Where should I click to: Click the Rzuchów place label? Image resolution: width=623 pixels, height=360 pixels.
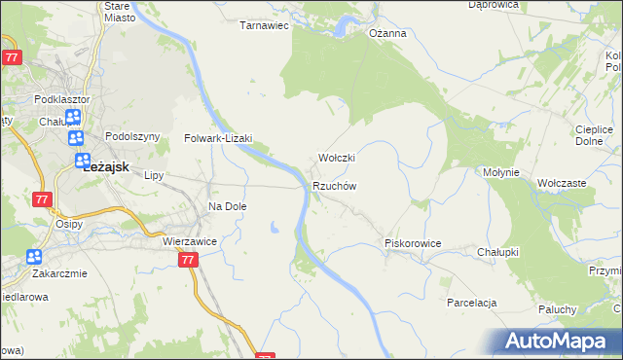(x=335, y=186)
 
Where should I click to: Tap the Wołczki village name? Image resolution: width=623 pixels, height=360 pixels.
(x=337, y=158)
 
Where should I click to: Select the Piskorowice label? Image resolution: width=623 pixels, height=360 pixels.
(x=414, y=243)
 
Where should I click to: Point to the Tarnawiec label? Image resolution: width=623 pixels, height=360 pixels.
(x=265, y=26)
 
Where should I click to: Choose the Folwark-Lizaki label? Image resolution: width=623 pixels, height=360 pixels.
(x=219, y=138)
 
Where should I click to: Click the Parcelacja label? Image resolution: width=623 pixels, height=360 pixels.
(x=472, y=303)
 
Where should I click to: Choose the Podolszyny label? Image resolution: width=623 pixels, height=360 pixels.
(x=131, y=137)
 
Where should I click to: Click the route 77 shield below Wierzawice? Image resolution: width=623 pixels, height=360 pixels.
(x=189, y=260)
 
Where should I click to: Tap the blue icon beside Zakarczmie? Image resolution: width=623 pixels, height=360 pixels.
(x=34, y=257)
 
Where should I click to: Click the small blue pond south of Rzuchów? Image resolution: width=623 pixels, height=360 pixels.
(x=275, y=229)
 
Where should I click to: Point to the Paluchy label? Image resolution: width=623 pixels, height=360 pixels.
(x=558, y=309)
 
